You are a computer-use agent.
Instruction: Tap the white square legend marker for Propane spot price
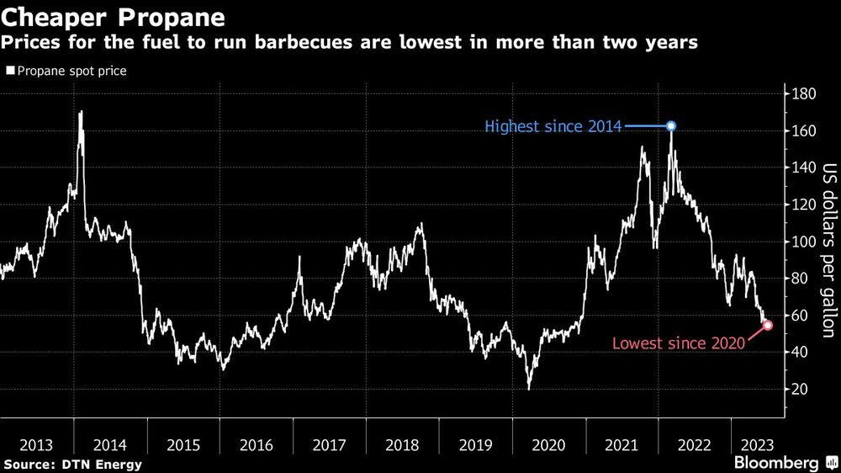[x=9, y=72]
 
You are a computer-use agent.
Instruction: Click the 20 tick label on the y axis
[x=800, y=389]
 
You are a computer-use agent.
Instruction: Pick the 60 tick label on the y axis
[x=800, y=316]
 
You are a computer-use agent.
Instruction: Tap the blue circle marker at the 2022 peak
[x=671, y=126]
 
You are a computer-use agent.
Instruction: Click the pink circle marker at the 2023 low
[x=768, y=325]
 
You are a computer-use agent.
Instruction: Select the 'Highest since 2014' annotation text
[x=553, y=127]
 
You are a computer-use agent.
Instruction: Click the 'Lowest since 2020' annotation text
[x=678, y=343]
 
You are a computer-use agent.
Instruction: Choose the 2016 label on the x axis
[x=256, y=444]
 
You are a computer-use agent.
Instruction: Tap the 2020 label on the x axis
[x=549, y=444]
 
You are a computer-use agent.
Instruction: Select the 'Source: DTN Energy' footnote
[x=73, y=465]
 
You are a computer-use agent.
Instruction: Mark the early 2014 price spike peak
[x=81, y=112]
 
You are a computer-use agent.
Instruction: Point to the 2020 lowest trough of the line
[x=529, y=388]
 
